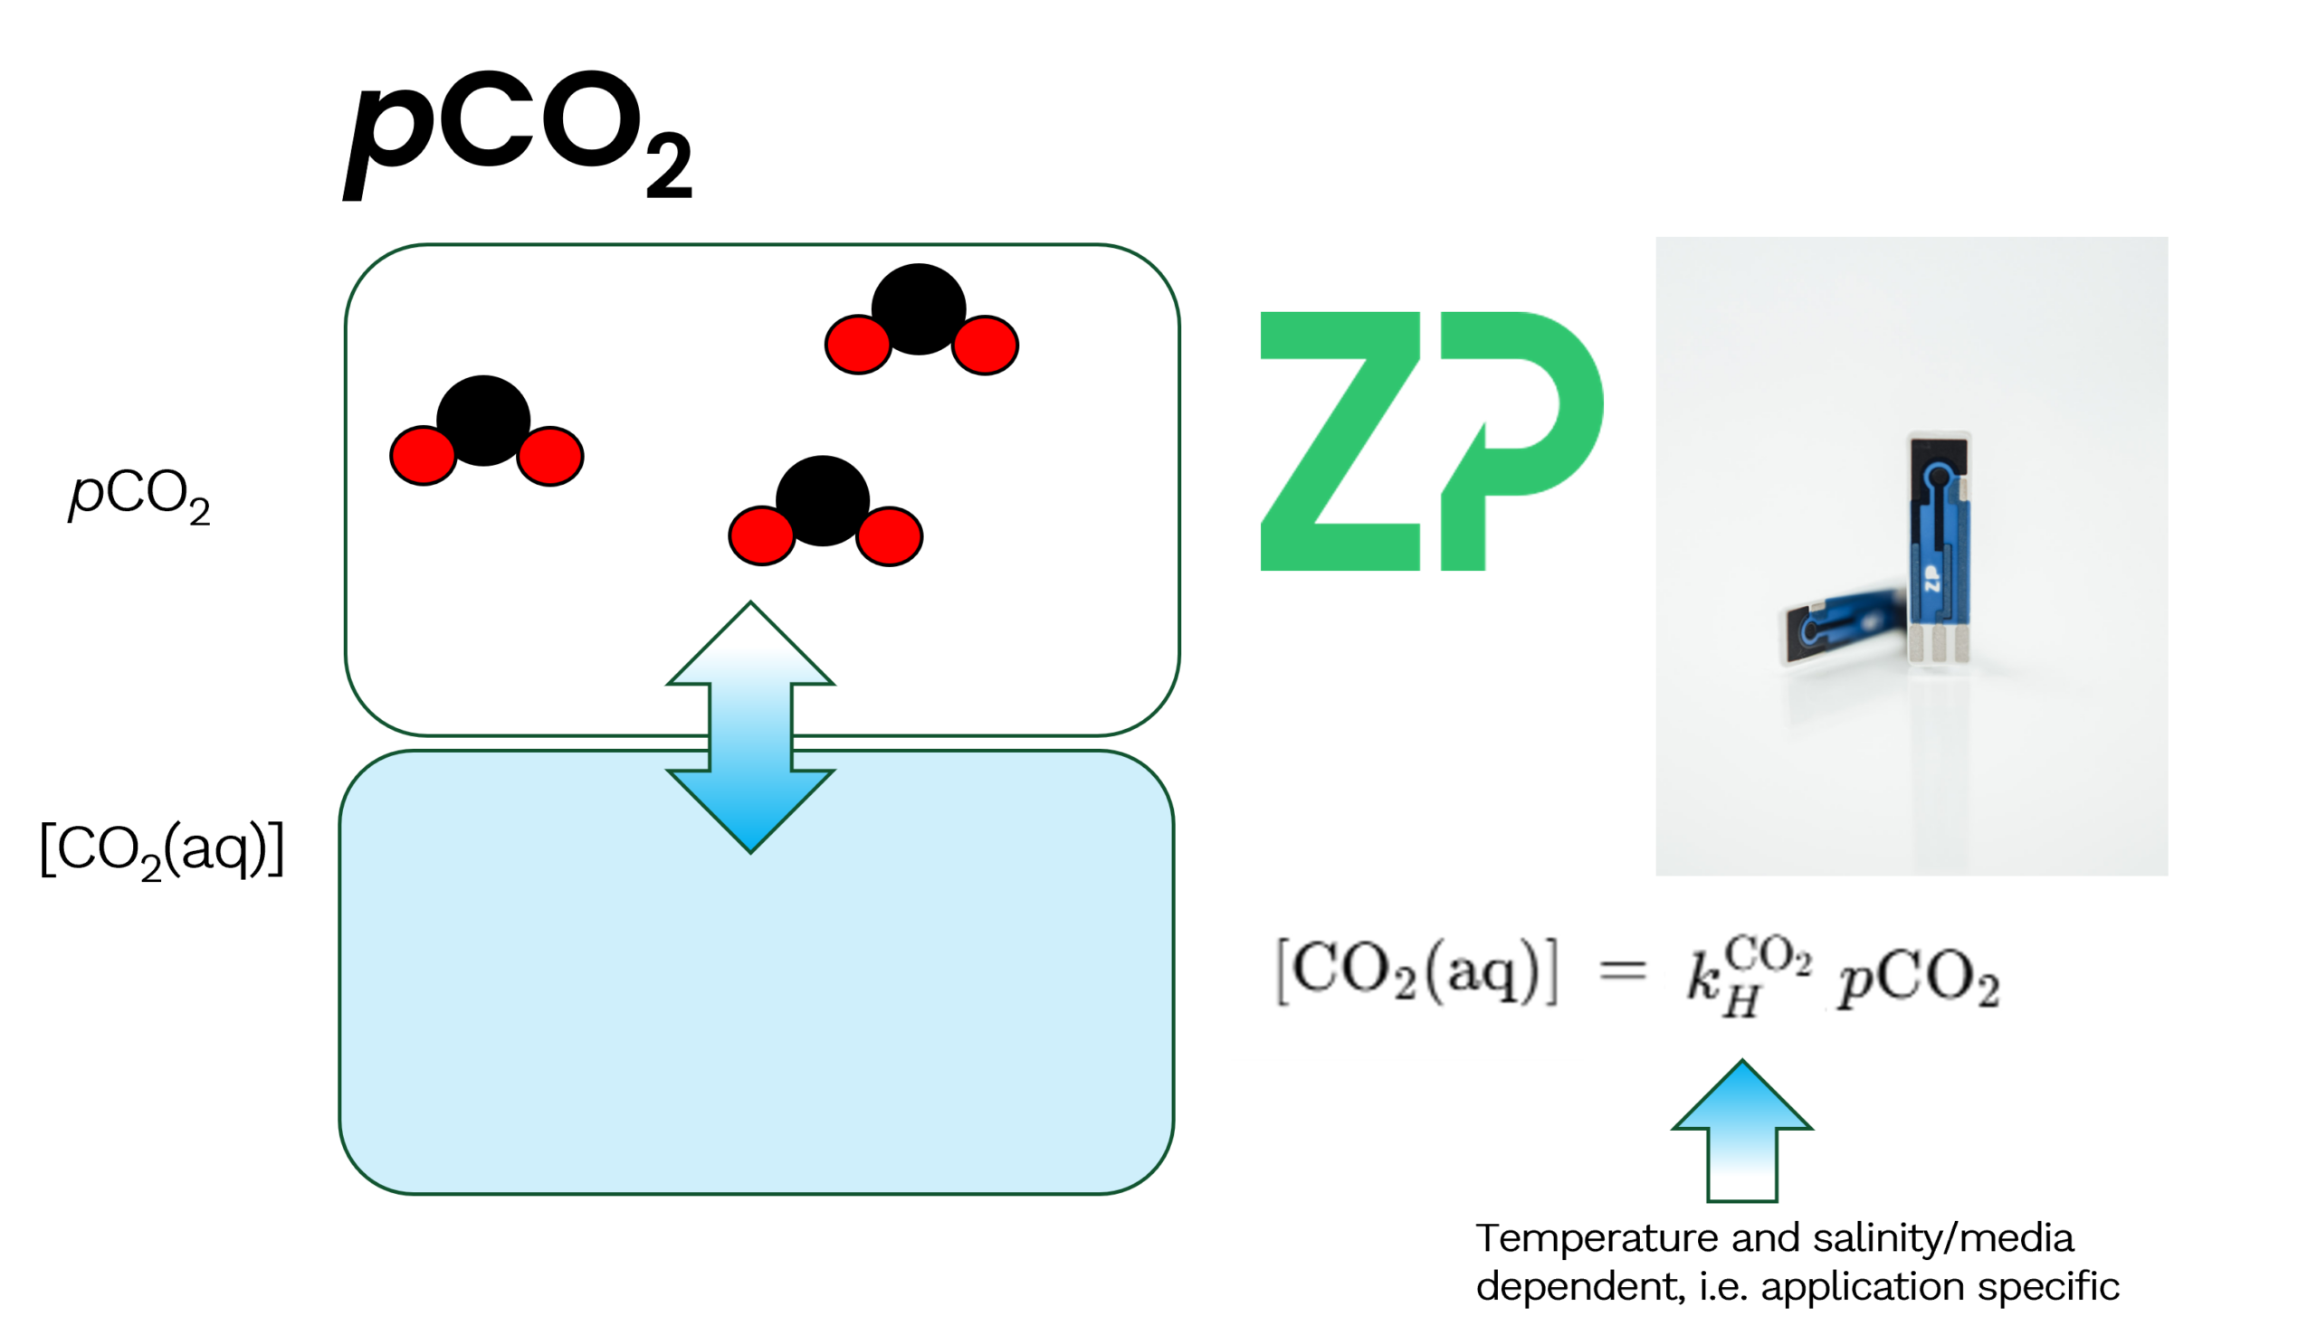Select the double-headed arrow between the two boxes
coord(750,727)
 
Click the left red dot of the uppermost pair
coord(859,345)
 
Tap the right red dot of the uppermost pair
coord(985,345)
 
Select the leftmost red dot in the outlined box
coord(424,456)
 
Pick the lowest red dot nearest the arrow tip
coord(762,535)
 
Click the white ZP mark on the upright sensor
coord(1932,581)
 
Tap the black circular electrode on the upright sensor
coord(1938,476)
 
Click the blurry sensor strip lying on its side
coord(1839,628)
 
